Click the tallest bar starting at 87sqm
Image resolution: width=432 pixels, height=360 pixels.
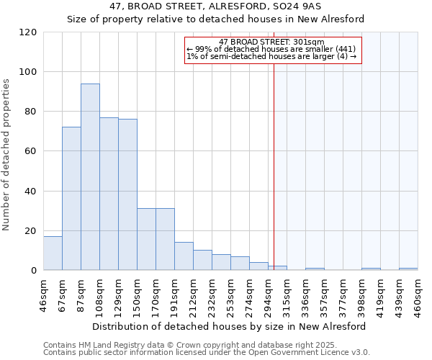[90, 177]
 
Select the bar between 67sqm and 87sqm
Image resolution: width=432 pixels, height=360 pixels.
[71, 199]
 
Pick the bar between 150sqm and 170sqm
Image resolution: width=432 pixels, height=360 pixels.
[146, 239]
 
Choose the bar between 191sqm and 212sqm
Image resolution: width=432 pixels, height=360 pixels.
[184, 256]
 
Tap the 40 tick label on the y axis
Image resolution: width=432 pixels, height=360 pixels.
[30, 192]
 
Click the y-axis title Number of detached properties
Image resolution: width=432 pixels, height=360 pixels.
[6, 155]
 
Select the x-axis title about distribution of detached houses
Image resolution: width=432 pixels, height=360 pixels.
[229, 326]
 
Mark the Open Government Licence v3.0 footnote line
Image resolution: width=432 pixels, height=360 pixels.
[207, 352]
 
